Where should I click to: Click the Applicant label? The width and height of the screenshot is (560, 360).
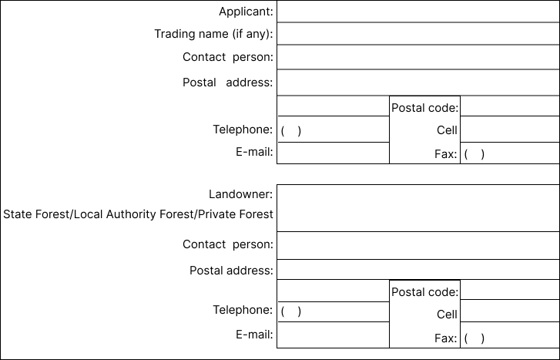point(246,12)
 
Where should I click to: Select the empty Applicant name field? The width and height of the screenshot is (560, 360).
point(418,12)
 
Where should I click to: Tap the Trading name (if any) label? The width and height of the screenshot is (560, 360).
point(213,34)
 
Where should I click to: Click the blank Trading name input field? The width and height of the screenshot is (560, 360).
point(418,34)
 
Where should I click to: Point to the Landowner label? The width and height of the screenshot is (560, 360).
point(240,194)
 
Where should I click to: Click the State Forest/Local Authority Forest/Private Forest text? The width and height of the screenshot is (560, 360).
point(138,214)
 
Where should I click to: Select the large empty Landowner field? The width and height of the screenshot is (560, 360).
point(418,208)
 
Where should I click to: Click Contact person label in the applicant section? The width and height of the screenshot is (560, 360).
point(228,57)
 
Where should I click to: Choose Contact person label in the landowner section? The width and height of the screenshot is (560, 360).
point(228,244)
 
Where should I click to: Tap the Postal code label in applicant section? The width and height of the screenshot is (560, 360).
point(425,108)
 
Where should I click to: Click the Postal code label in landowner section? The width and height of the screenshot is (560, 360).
point(425,292)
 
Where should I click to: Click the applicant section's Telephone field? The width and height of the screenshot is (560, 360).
point(334,129)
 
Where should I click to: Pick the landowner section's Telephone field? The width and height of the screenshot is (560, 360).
point(334,311)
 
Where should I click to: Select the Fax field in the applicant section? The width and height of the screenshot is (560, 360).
point(510,153)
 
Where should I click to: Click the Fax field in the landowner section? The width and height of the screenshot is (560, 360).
point(510,335)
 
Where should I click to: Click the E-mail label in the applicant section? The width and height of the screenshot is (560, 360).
point(254,152)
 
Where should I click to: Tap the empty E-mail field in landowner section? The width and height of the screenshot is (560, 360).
point(334,335)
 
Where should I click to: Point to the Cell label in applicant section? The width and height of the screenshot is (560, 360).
point(447,130)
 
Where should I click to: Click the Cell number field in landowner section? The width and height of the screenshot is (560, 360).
point(510,311)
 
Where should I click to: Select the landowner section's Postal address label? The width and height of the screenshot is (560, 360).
point(231,271)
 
